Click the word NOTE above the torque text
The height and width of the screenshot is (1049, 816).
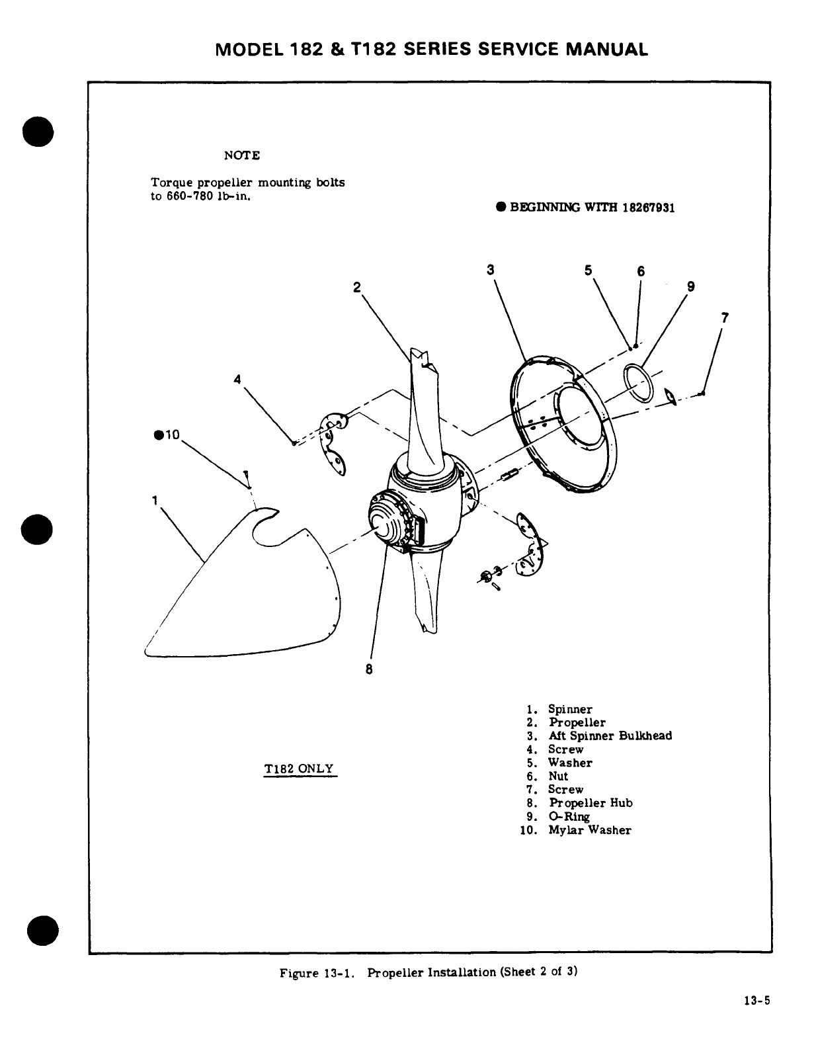242,155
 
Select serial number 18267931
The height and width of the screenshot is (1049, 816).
648,207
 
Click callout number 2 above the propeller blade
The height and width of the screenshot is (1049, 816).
357,287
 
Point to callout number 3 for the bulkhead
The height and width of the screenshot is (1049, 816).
490,270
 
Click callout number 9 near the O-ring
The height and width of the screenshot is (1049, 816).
690,286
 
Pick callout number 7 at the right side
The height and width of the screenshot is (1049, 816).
725,317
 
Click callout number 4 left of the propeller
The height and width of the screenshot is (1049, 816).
237,379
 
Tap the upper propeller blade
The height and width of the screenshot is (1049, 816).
423,410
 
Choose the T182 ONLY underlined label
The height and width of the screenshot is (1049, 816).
299,769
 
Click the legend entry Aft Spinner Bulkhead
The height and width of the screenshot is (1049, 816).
610,736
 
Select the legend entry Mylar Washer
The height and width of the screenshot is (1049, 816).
589,830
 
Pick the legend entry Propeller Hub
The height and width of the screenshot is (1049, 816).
591,803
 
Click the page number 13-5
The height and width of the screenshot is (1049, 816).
757,1001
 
